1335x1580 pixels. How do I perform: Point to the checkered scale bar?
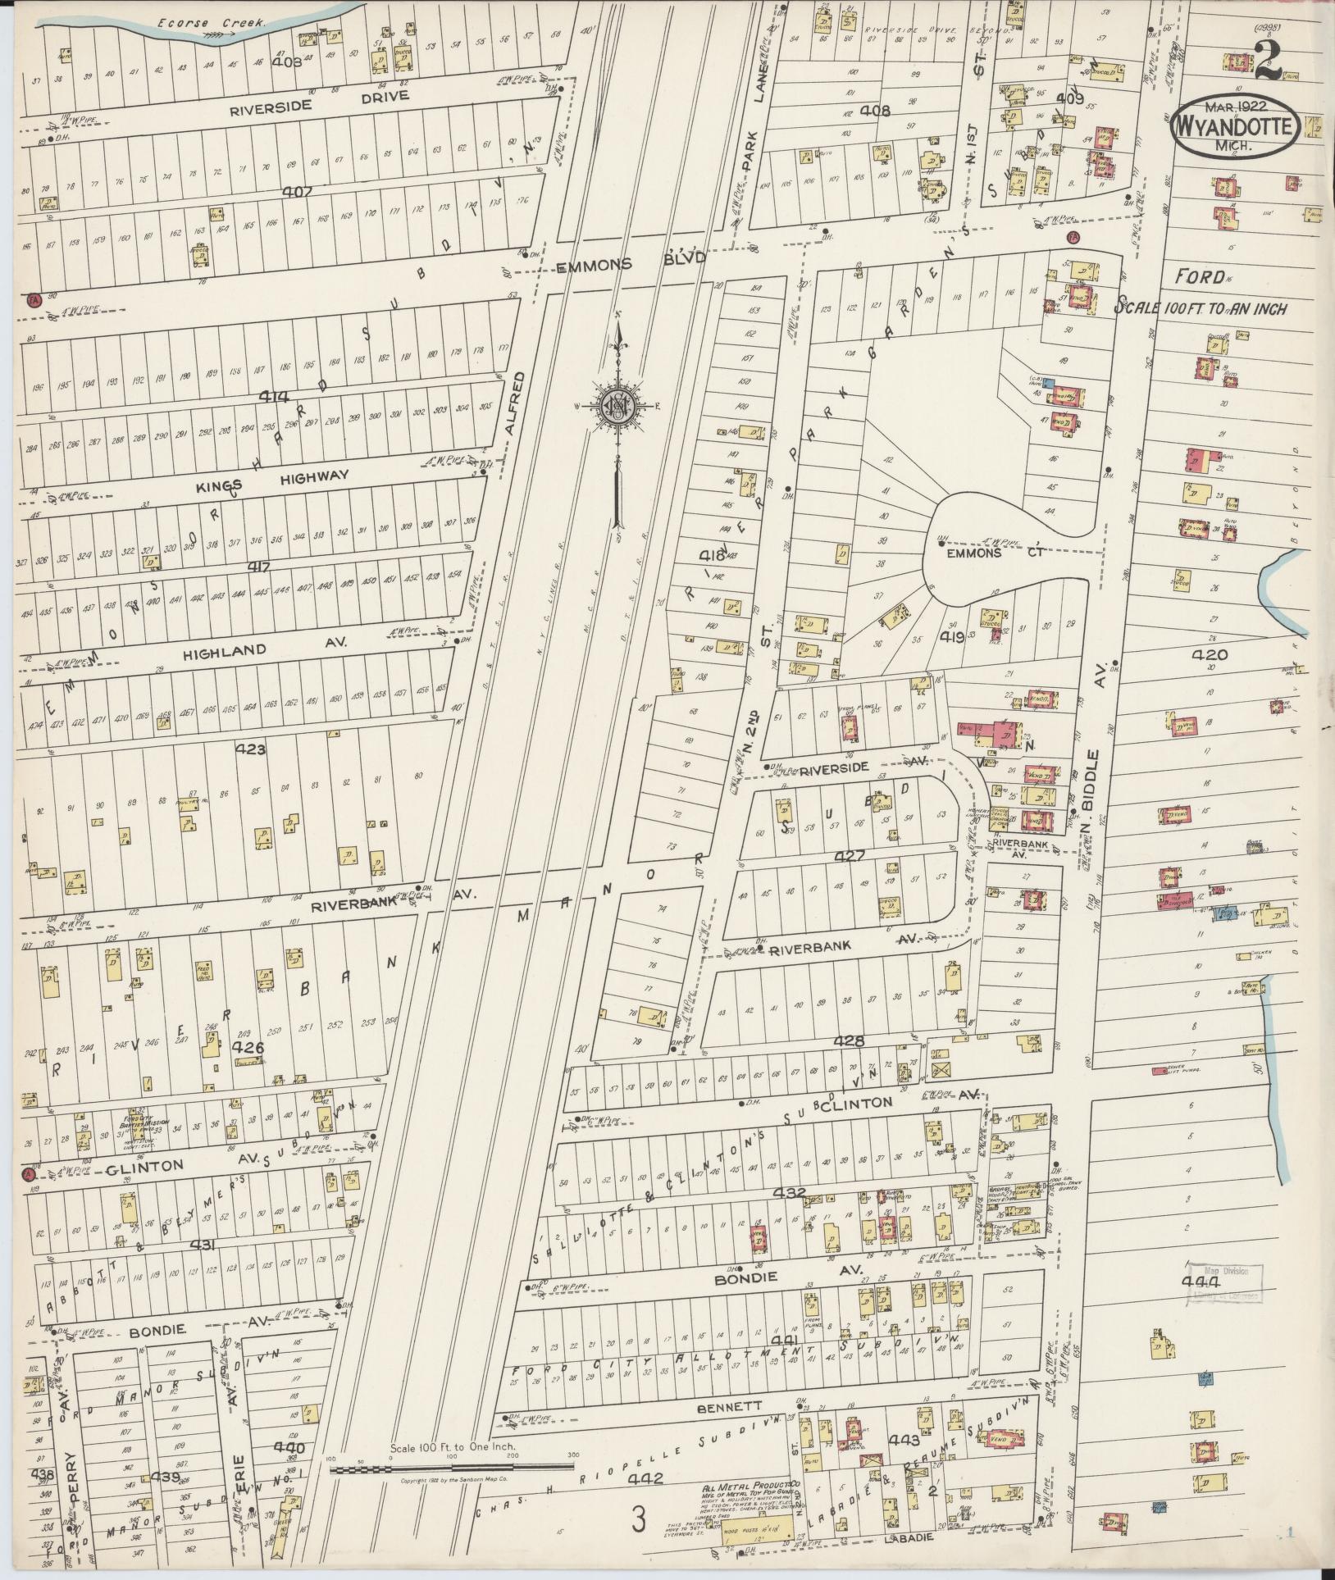coord(452,1470)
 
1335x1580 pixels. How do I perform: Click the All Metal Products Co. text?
coord(750,1487)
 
